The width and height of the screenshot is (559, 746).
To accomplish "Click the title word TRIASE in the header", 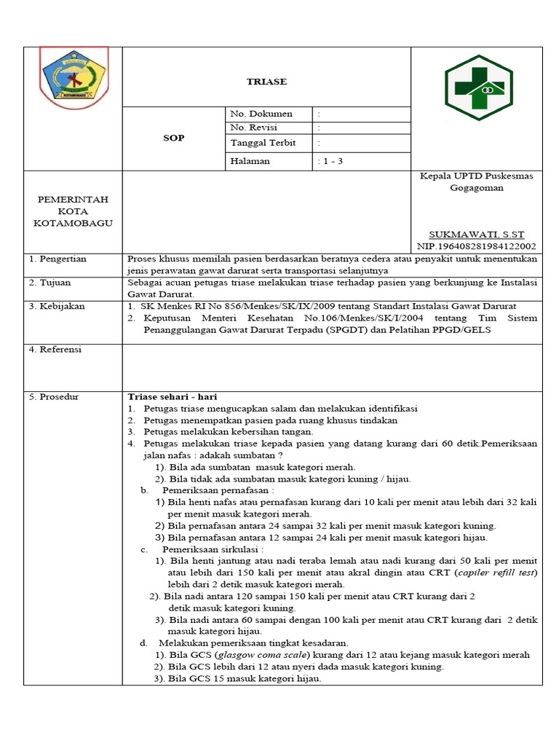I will pos(266,82).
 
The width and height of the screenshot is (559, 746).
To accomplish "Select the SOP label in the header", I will pos(173,138).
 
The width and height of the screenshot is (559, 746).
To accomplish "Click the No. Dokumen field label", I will pos(261,114).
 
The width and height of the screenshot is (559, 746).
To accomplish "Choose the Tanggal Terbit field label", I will pos(263,143).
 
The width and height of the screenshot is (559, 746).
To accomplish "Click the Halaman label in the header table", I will pos(250,161).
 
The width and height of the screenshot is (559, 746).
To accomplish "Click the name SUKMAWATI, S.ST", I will pos(476,235).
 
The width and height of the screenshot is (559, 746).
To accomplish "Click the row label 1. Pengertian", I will pos(58,259).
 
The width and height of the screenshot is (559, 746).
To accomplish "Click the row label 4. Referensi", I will pos(55,350).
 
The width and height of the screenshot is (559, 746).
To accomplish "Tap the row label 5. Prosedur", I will pos(54,397).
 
